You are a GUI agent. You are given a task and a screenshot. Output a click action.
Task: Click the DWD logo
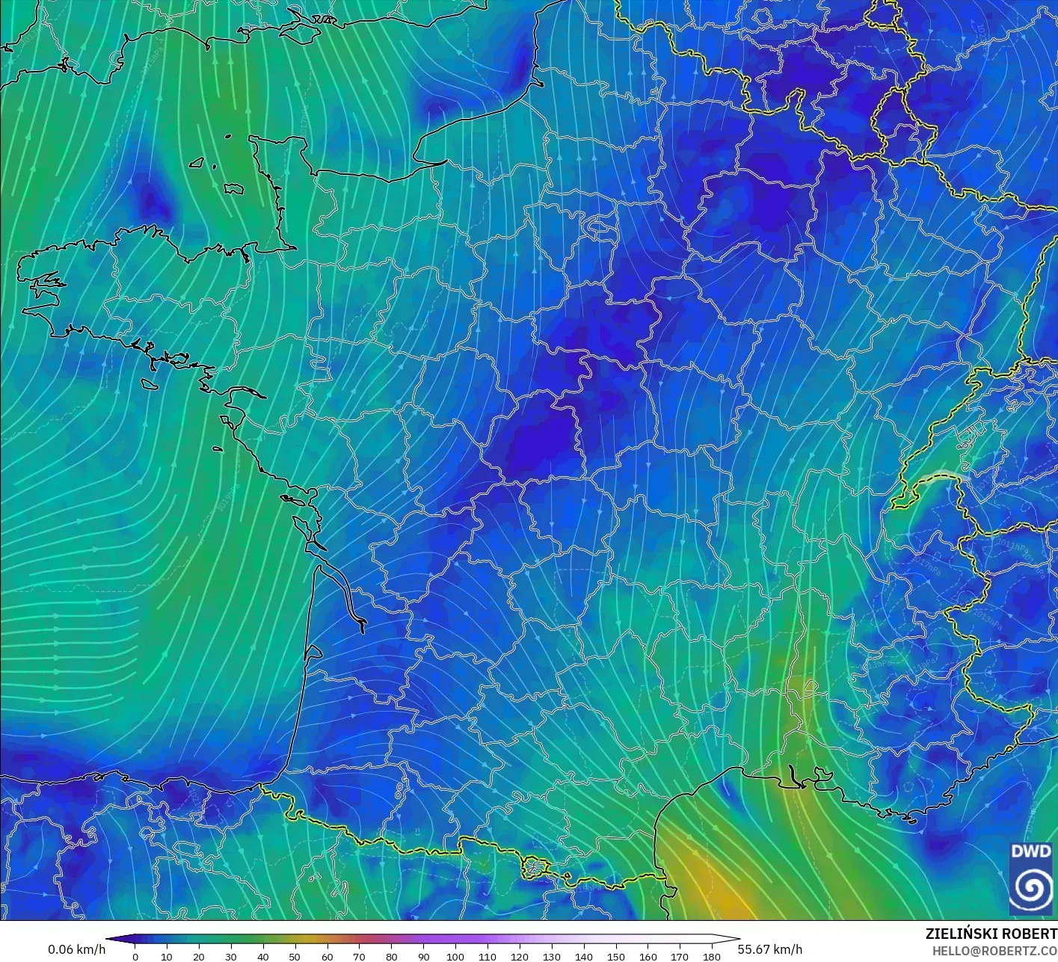1031,878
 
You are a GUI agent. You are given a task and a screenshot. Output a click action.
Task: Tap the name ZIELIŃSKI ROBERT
991,934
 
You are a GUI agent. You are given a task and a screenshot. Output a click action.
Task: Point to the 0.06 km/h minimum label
76,949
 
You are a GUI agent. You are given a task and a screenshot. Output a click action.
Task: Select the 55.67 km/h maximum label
769,949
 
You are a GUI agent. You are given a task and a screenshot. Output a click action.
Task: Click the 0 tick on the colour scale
135,955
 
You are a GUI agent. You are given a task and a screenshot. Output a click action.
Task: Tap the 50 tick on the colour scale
295,955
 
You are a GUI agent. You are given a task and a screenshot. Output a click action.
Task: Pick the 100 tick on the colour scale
455,955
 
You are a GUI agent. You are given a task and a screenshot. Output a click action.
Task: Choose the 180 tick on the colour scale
712,955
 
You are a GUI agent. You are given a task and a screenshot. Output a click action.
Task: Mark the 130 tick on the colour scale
552,955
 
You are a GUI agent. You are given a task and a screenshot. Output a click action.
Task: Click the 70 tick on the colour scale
359,955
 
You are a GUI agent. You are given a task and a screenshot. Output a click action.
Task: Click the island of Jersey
234,189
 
